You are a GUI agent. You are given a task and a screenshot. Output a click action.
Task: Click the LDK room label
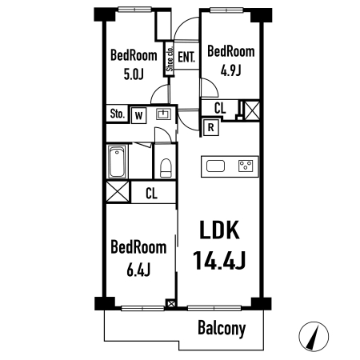219,230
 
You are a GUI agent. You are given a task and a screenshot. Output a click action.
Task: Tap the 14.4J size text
219,260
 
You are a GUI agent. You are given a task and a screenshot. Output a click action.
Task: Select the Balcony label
222,328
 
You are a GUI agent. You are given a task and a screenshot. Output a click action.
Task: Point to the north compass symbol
314,336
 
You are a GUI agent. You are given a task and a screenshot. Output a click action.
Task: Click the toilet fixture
166,168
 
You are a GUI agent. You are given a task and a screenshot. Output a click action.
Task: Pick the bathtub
117,162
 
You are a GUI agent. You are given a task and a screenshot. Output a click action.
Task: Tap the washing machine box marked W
138,115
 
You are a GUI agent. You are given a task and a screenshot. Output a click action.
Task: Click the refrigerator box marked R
210,127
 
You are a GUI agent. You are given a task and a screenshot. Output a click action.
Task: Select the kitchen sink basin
215,166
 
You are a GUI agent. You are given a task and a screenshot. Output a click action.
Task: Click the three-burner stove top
246,166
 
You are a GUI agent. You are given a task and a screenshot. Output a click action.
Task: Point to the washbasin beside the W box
163,114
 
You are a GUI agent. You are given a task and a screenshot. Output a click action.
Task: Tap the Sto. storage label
118,114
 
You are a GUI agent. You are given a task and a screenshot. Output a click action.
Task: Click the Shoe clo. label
170,58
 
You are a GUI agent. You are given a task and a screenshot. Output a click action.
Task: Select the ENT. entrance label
186,57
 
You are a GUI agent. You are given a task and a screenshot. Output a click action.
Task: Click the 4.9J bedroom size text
230,70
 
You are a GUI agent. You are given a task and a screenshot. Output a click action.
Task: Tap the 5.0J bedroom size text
134,74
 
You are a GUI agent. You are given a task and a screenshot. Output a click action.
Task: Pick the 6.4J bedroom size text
138,270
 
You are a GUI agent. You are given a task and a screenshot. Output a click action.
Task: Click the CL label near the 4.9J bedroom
220,108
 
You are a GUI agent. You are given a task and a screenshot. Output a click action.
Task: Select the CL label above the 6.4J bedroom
151,194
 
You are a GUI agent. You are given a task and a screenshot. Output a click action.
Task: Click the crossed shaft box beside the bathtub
118,192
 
